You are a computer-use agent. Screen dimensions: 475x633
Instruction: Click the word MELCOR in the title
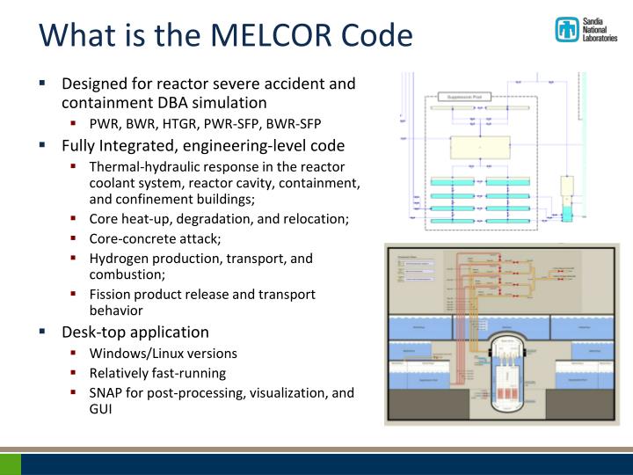pos(263,35)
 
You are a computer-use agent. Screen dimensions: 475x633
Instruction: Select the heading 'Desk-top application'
pos(135,332)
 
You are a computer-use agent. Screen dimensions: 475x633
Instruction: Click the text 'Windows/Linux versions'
pos(163,353)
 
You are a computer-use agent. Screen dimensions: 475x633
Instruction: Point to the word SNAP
pos(107,392)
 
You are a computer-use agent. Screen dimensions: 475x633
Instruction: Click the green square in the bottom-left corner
pos(11,464)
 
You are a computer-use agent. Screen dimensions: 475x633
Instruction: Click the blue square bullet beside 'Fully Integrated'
pos(42,145)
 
